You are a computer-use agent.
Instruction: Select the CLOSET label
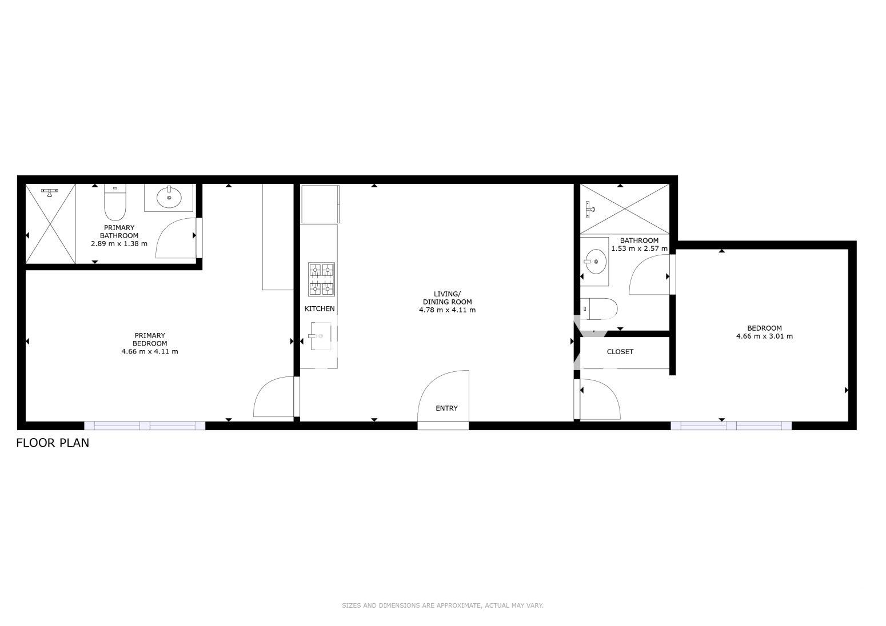620,352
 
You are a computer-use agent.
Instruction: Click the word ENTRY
446,408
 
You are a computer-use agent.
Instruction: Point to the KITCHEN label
320,308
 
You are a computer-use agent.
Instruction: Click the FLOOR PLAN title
53,443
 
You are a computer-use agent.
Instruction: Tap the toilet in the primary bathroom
115,202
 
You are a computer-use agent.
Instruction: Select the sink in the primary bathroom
169,198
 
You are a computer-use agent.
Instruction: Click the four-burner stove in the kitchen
322,279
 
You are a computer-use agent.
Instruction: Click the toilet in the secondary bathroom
599,308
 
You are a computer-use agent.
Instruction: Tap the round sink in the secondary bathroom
596,261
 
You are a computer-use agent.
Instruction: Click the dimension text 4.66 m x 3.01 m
764,336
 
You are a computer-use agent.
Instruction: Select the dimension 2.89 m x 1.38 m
119,244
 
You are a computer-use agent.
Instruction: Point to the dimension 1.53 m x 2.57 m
639,248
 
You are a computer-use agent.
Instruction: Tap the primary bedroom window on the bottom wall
145,426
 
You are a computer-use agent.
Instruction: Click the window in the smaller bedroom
731,426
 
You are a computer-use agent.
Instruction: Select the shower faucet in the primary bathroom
49,192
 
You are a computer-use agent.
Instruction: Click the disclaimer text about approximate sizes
442,605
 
